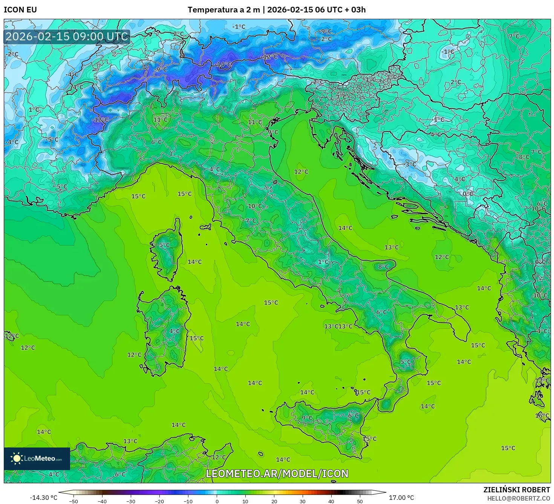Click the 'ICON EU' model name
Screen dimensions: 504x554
[x=20, y=10]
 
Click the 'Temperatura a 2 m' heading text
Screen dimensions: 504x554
[x=223, y=10]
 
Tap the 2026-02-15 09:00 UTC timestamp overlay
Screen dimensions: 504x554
[x=67, y=37]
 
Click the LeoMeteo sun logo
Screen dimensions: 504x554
[x=17, y=458]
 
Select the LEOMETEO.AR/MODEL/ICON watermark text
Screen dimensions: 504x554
[x=277, y=473]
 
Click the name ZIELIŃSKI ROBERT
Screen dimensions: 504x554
[x=517, y=490]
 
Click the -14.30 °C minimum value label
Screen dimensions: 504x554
[x=43, y=498]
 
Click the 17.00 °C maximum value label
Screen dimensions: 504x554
[x=401, y=498]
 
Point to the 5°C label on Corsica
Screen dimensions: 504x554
[x=164, y=245]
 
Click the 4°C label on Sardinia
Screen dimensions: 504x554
[x=174, y=331]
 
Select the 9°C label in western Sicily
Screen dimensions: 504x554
[x=307, y=418]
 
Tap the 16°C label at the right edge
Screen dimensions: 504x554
[x=542, y=415]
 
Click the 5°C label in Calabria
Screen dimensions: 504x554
[x=406, y=362]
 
